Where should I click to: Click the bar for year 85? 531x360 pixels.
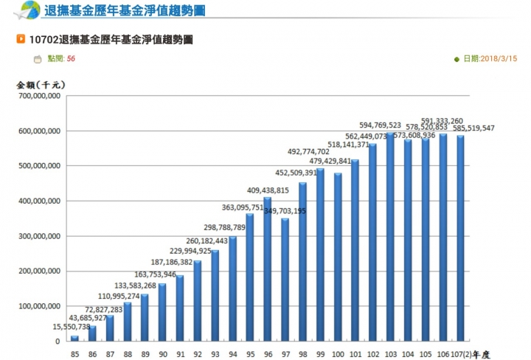pos(74,338)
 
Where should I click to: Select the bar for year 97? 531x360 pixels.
pos(285,280)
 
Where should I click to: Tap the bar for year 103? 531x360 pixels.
pos(390,237)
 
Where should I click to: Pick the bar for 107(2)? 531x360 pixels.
pos(460,238)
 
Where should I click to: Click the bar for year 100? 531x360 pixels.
pos(338,257)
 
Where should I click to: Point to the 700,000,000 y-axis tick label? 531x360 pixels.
pos(40,96)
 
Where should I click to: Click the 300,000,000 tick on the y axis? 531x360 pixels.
pos(40,236)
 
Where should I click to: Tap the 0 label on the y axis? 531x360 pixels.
pos(58,342)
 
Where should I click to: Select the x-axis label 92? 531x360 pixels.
pos(198,354)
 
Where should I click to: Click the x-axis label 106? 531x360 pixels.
pos(443,354)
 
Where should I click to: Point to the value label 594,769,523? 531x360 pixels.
pos(380,125)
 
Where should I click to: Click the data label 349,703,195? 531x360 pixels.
pos(285,211)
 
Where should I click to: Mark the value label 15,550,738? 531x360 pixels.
pos(72,327)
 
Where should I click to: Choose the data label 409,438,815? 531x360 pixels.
pos(268,190)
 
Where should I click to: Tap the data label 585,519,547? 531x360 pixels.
pos(473,128)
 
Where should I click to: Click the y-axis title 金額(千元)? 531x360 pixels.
pos(41,85)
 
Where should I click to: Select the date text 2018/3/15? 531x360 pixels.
pos(499,58)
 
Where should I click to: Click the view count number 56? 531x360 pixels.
pos(71,58)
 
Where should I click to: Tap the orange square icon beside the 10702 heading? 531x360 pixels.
pos(21,39)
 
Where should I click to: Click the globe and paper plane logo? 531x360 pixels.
pos(27,10)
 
